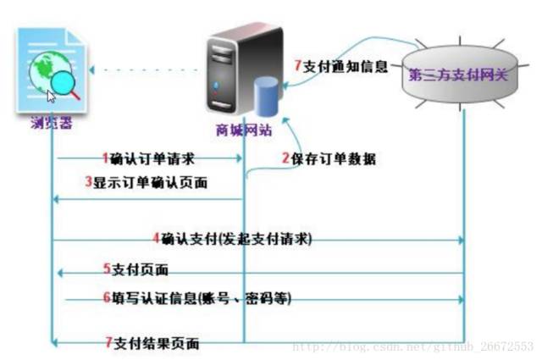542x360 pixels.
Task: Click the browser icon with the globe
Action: tap(51, 70)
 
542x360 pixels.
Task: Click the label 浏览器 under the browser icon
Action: tap(52, 123)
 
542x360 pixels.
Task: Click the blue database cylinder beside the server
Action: tap(266, 97)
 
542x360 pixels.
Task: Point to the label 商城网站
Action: tap(244, 130)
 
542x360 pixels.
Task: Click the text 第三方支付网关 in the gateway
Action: tap(458, 75)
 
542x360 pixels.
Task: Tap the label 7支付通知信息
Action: tap(341, 66)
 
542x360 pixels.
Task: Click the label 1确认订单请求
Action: tap(149, 158)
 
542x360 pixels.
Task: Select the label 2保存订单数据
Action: tap(329, 158)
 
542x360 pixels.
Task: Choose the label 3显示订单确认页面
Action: tap(147, 182)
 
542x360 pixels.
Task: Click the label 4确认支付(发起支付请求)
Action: tap(232, 239)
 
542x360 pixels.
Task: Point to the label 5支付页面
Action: tap(135, 269)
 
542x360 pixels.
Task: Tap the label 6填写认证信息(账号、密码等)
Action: tap(197, 298)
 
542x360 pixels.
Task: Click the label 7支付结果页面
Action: tap(152, 343)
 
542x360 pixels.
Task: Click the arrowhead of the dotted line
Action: tap(91, 69)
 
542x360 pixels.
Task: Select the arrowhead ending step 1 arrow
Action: tap(239, 158)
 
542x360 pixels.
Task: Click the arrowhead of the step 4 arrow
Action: tap(461, 240)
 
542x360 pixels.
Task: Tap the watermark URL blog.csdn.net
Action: tap(413, 346)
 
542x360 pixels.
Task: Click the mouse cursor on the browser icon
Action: tap(51, 97)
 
